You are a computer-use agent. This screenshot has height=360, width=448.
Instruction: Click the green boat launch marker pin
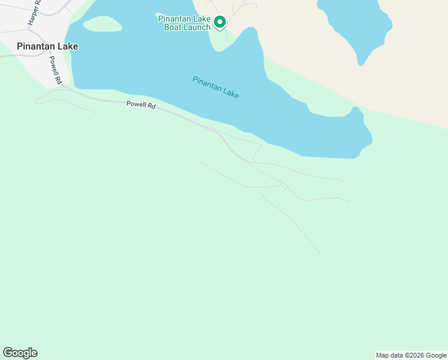coord(219,23)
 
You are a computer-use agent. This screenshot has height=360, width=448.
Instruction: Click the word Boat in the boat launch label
coord(174,27)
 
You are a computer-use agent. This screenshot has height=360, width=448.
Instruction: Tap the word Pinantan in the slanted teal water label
coord(205,83)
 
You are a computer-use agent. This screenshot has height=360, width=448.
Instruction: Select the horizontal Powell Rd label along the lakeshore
coord(141,105)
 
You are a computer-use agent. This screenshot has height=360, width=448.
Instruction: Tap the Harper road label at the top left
coord(34,12)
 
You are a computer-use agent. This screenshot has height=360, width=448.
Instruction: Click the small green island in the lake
coord(102,24)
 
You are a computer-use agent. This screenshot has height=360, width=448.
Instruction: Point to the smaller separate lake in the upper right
coord(356,27)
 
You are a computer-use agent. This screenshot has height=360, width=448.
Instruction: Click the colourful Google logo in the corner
coord(20,353)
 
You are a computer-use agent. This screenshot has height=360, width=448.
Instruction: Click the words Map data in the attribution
coord(389,355)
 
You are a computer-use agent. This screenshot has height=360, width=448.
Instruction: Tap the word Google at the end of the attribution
coord(436,355)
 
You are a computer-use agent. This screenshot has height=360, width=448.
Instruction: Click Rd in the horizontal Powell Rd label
coord(152,106)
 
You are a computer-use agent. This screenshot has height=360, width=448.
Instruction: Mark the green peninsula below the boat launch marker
coord(220,41)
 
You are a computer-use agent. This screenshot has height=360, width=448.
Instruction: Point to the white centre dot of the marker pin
coord(219,22)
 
